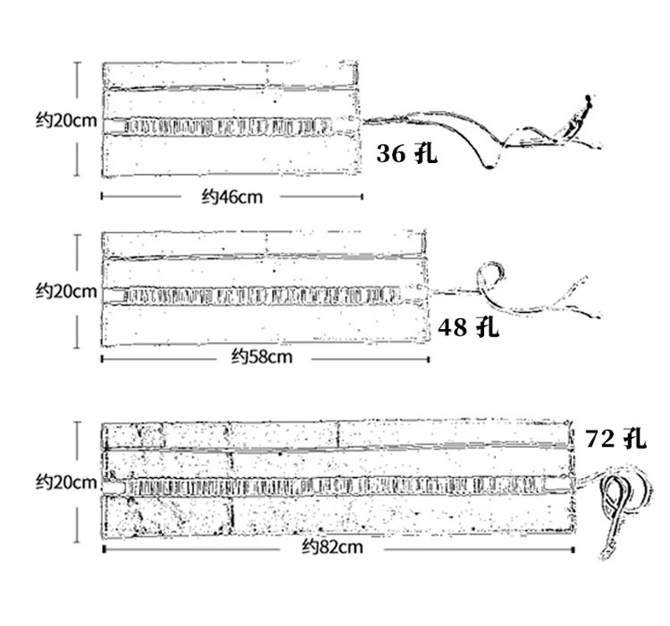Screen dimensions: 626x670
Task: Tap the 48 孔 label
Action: tap(468, 326)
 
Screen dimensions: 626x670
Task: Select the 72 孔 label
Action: tap(616, 438)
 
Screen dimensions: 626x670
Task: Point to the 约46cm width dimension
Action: tap(232, 198)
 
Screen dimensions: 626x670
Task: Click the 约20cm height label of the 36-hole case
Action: tap(66, 120)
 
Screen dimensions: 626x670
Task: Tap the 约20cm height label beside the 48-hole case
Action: tap(66, 291)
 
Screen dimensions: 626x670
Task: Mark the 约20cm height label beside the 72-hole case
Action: tap(66, 482)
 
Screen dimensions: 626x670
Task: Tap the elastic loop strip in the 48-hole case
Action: tap(260, 295)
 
